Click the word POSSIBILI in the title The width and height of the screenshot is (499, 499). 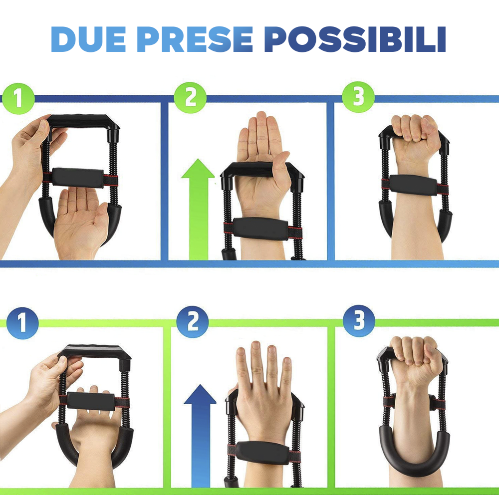355,39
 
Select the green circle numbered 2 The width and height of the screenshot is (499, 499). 190,98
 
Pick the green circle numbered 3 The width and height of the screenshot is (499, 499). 358,97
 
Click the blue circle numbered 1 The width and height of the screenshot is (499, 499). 22,322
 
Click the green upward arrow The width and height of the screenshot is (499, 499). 198,210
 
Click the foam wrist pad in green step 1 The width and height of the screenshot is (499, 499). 78,178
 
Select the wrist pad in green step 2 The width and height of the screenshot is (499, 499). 260,229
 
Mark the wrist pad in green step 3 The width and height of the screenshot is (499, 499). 414,186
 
